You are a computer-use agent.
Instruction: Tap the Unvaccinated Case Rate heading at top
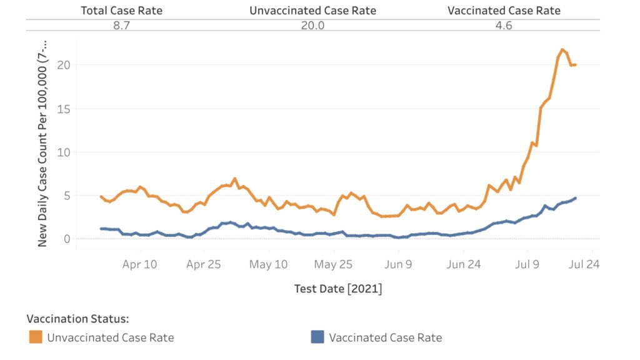point(313,11)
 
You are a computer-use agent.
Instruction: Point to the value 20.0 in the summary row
point(313,25)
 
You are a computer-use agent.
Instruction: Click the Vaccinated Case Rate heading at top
point(504,11)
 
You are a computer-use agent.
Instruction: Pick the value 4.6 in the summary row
point(504,25)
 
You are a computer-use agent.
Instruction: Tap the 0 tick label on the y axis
point(66,239)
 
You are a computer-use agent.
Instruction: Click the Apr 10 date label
point(139,264)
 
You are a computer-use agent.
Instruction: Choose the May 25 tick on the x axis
point(333,264)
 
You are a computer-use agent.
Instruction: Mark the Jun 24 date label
point(464,264)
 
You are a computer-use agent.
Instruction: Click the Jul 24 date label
point(584,264)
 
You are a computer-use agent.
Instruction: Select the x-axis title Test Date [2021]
point(337,289)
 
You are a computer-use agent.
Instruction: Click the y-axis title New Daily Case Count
point(42,141)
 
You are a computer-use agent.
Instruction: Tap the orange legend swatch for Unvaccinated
point(36,337)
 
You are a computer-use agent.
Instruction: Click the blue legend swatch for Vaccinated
point(317,337)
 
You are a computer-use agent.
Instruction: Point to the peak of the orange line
point(562,49)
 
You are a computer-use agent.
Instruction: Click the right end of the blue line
point(575,198)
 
